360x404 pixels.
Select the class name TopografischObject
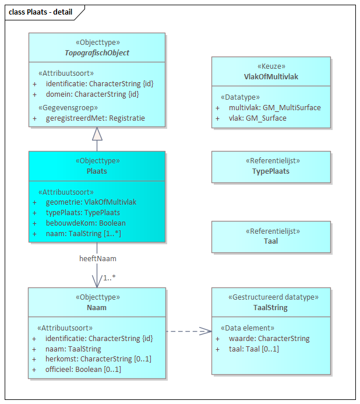point(97,53)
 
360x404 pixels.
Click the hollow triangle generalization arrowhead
point(97,134)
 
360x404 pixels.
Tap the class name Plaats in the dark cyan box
point(97,171)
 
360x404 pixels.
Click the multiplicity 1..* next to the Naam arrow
point(109,278)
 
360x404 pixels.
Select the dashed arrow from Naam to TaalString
point(188,331)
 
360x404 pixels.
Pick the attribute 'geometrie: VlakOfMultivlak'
point(91,202)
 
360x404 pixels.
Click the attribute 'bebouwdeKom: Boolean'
point(86,223)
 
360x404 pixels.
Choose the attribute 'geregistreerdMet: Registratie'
point(96,118)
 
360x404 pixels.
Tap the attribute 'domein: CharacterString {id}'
point(92,94)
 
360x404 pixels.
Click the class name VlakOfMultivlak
point(271,76)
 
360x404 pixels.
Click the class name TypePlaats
point(271,171)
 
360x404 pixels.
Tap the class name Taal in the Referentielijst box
point(271,241)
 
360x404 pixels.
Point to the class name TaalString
point(271,307)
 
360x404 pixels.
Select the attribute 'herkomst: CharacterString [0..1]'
point(98,359)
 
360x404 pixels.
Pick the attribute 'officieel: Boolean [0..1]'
point(83,370)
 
